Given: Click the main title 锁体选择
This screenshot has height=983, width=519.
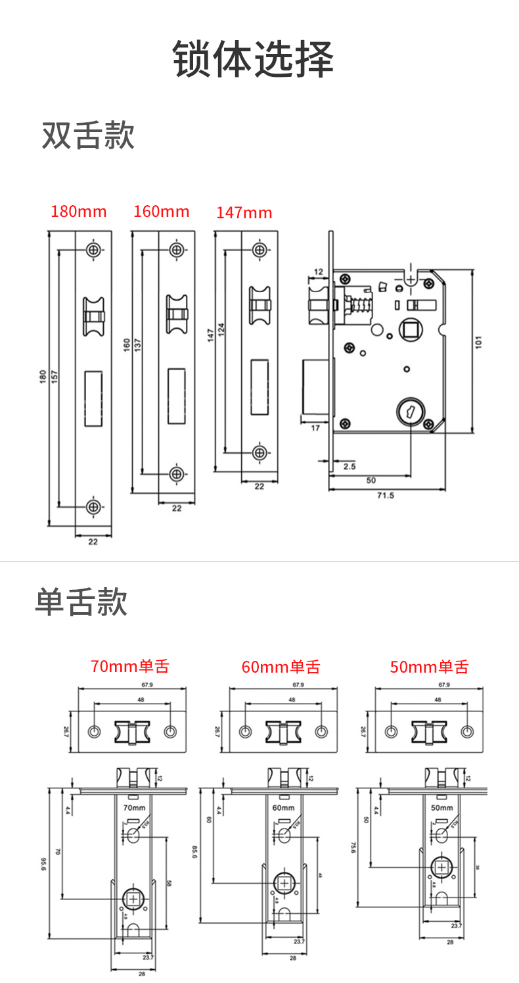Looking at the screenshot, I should [254, 59].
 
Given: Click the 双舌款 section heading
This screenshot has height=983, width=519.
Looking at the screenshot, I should [88, 135].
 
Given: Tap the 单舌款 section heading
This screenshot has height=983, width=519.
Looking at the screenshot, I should [81, 602].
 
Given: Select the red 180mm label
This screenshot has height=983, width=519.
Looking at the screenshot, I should [79, 212].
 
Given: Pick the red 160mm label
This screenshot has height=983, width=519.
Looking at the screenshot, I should [161, 212].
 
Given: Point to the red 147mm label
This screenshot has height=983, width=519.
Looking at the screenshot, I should [244, 213].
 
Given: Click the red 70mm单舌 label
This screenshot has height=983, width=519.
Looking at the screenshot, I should [130, 666].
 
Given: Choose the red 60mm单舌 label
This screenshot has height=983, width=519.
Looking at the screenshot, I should [281, 667].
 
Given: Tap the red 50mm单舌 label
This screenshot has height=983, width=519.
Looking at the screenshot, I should [429, 667].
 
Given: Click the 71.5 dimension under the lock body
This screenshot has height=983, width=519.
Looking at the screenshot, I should [386, 495].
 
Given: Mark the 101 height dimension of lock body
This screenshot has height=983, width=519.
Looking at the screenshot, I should [479, 342].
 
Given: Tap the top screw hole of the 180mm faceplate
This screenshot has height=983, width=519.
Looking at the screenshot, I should [94, 250].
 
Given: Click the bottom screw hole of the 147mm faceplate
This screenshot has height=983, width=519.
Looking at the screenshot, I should [259, 452].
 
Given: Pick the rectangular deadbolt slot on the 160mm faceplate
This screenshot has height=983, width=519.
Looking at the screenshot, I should [176, 395].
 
